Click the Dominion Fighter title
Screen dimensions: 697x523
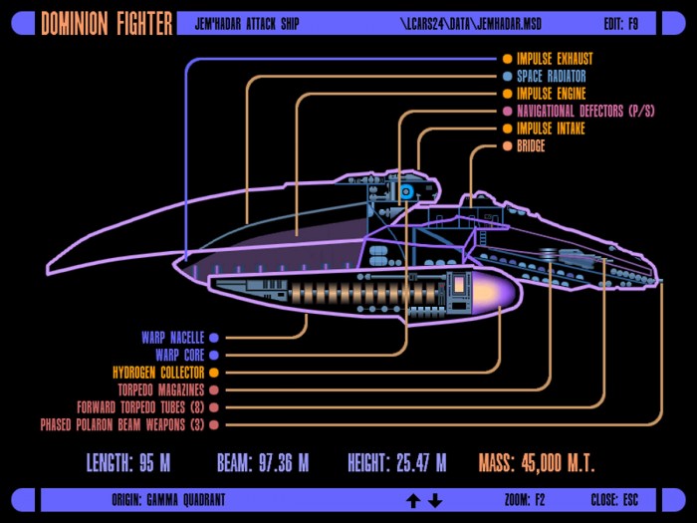[x=107, y=23]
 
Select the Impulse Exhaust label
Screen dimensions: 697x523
[x=555, y=59]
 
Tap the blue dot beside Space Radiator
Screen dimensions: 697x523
[x=507, y=76]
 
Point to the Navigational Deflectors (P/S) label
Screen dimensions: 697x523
[x=585, y=111]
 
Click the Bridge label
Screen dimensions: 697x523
[x=531, y=145]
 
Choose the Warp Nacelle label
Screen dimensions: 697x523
[x=173, y=338]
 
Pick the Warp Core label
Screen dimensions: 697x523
[x=179, y=355]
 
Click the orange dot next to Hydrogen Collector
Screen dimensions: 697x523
[x=214, y=373]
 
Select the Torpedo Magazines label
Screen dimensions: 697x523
[x=161, y=391]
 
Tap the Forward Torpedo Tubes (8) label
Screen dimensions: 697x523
[x=140, y=407]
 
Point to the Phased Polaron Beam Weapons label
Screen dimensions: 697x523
[x=122, y=424]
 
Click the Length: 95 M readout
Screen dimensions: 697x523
[x=128, y=462]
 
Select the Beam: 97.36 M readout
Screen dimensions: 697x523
[x=263, y=462]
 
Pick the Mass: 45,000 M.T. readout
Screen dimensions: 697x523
[x=537, y=462]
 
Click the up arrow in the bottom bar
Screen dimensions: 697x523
[x=413, y=501]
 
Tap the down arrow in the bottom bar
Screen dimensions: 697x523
[x=435, y=501]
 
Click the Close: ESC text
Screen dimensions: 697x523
[x=614, y=500]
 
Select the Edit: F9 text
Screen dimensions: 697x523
[x=621, y=24]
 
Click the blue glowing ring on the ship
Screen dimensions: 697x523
[x=406, y=192]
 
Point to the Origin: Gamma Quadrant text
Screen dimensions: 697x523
[x=168, y=500]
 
